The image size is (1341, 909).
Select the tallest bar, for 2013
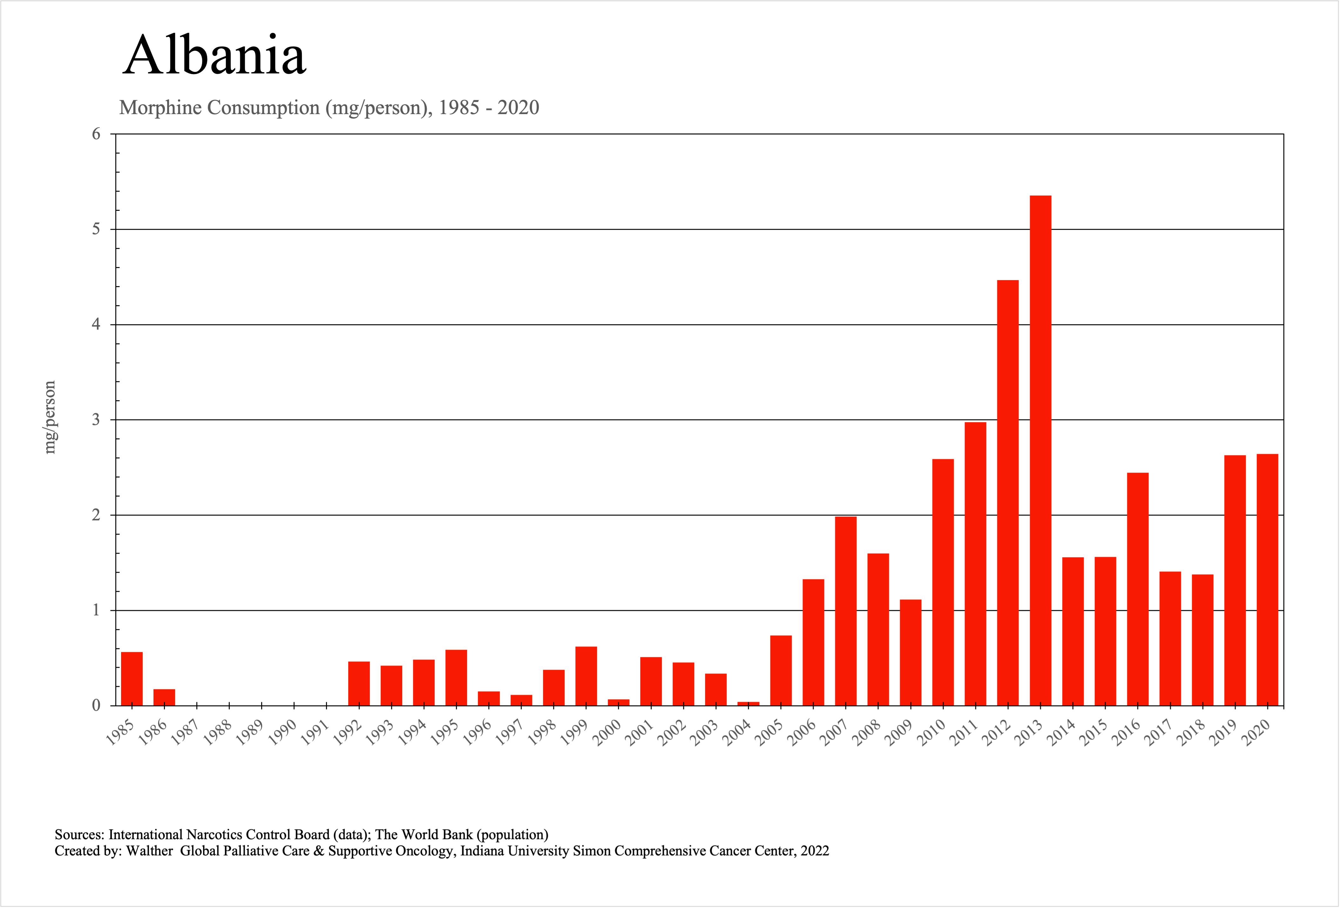click(1040, 450)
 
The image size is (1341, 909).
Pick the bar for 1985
click(132, 678)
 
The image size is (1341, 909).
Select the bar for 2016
click(1138, 589)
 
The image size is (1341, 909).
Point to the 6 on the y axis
click(96, 134)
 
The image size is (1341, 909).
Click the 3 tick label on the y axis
click(96, 420)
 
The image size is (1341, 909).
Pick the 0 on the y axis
click(96, 705)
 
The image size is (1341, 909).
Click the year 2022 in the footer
click(814, 851)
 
